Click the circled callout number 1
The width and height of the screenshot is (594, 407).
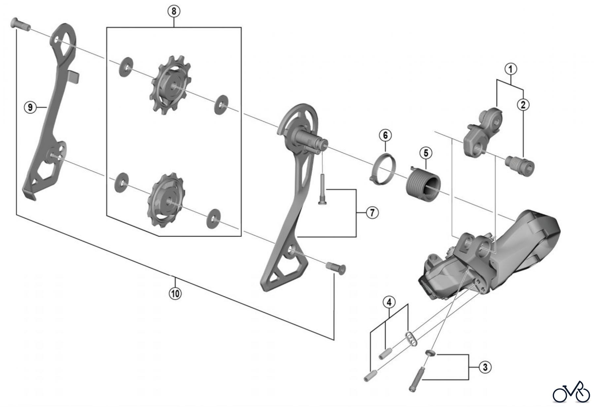pyautogui.click(x=510, y=70)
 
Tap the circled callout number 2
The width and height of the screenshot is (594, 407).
pyautogui.click(x=523, y=105)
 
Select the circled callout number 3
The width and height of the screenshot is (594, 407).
pyautogui.click(x=485, y=367)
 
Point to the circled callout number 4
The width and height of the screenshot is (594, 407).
pyautogui.click(x=389, y=302)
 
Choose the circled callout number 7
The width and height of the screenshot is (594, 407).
pyautogui.click(x=372, y=213)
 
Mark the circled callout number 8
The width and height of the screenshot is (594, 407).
pyautogui.click(x=174, y=12)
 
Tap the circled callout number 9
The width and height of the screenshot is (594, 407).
pyautogui.click(x=30, y=107)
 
